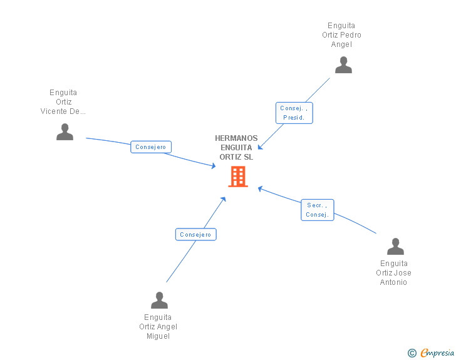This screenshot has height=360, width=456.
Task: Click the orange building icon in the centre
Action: pyautogui.click(x=238, y=177)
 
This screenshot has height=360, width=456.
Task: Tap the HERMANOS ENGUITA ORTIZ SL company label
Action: pyautogui.click(x=236, y=148)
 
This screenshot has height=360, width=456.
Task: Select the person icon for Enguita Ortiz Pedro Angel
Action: pyautogui.click(x=343, y=65)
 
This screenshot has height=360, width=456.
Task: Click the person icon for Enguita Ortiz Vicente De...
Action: pyautogui.click(x=65, y=131)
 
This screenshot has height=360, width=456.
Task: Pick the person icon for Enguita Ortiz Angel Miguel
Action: pyautogui.click(x=159, y=301)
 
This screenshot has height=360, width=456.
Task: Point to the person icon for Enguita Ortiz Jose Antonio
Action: pyautogui.click(x=395, y=247)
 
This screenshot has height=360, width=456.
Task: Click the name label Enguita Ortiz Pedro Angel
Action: pyautogui.click(x=341, y=35)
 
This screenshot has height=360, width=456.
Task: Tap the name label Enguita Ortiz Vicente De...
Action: pyautogui.click(x=63, y=102)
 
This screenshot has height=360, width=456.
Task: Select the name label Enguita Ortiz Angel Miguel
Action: pyautogui.click(x=158, y=327)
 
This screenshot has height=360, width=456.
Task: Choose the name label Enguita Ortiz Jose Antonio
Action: pyautogui.click(x=393, y=273)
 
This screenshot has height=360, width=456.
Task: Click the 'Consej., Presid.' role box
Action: pyautogui.click(x=294, y=113)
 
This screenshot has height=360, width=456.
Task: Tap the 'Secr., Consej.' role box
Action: pyautogui.click(x=317, y=210)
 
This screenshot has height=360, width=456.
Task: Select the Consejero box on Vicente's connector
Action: pyautogui.click(x=151, y=147)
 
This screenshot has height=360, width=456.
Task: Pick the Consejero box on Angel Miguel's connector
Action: pyautogui.click(x=195, y=235)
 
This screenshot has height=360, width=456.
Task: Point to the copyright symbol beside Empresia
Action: pyautogui.click(x=412, y=354)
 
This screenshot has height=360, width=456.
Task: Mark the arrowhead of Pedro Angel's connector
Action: pyautogui.click(x=260, y=148)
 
